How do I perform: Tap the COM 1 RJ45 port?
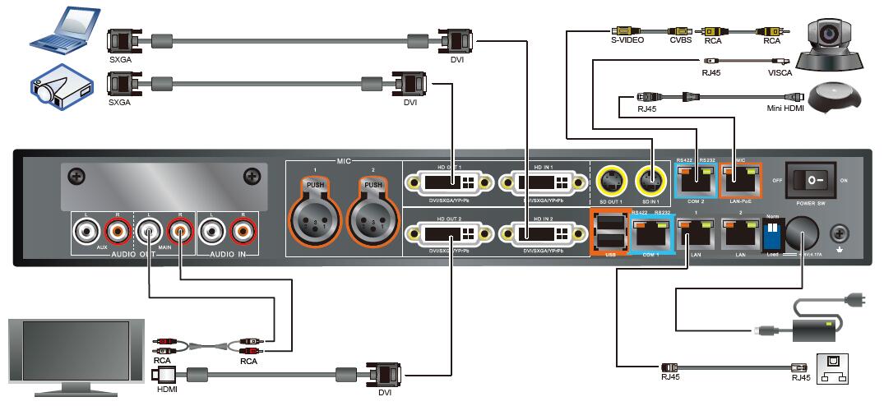pyautogui.click(x=650, y=232)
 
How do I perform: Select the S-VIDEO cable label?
pyautogui.click(x=627, y=39)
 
